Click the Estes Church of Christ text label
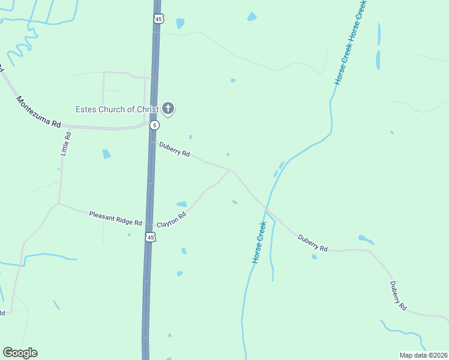[x=116, y=109]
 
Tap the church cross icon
[x=169, y=109]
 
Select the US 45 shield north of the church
[x=157, y=19]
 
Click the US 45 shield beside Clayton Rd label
[x=149, y=238]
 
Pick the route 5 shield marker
[x=155, y=125]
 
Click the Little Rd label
[x=66, y=144]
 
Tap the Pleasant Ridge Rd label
[x=115, y=218]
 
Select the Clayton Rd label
[x=172, y=220]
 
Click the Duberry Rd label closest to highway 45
[x=174, y=149]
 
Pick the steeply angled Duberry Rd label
[x=398, y=295]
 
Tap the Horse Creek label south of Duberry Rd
[x=259, y=242]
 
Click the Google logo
[x=20, y=353]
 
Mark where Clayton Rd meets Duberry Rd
[x=230, y=170]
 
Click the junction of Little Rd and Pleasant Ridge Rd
[x=58, y=203]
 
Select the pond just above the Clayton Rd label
[x=181, y=204]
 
